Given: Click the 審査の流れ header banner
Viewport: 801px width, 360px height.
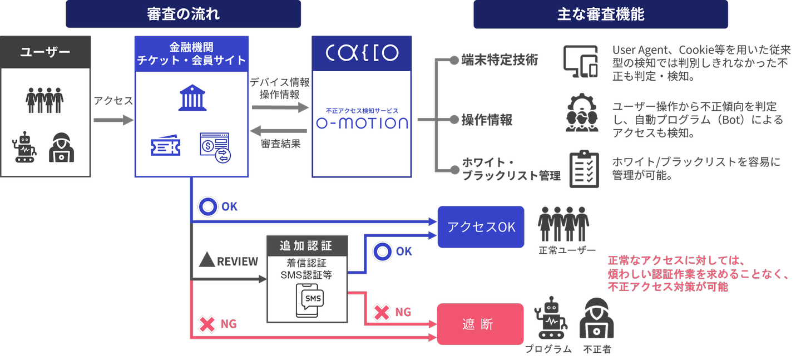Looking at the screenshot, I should click(x=183, y=14).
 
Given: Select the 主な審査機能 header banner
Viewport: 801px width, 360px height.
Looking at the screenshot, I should click(x=600, y=14).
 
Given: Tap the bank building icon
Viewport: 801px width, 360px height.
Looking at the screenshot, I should click(x=192, y=97).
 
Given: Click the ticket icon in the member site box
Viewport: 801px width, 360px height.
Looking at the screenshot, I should click(x=166, y=146).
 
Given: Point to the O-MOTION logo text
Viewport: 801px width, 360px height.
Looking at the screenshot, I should click(x=362, y=122).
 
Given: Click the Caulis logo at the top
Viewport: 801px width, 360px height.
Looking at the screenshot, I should click(x=362, y=52).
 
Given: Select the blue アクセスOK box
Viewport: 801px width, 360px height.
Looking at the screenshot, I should click(x=481, y=227).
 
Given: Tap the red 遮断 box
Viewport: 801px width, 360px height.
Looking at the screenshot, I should click(x=480, y=324).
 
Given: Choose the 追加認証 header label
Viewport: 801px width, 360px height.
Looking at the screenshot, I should click(x=306, y=245).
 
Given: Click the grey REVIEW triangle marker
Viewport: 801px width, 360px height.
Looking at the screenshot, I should click(x=207, y=259).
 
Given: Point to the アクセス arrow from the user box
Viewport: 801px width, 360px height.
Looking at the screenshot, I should click(x=113, y=120).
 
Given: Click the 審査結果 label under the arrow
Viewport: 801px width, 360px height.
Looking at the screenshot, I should click(x=280, y=144).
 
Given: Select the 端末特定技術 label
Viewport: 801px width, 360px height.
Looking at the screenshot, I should click(x=500, y=60).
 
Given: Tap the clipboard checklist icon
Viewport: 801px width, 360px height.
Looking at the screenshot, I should click(x=584, y=168).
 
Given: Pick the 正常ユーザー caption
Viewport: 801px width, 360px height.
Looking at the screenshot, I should click(x=567, y=250).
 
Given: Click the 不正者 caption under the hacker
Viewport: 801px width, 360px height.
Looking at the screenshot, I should click(x=597, y=349).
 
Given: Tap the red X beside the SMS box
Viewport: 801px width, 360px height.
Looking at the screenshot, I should click(x=382, y=312).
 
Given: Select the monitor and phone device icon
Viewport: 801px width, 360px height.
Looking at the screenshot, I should click(x=580, y=61).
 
